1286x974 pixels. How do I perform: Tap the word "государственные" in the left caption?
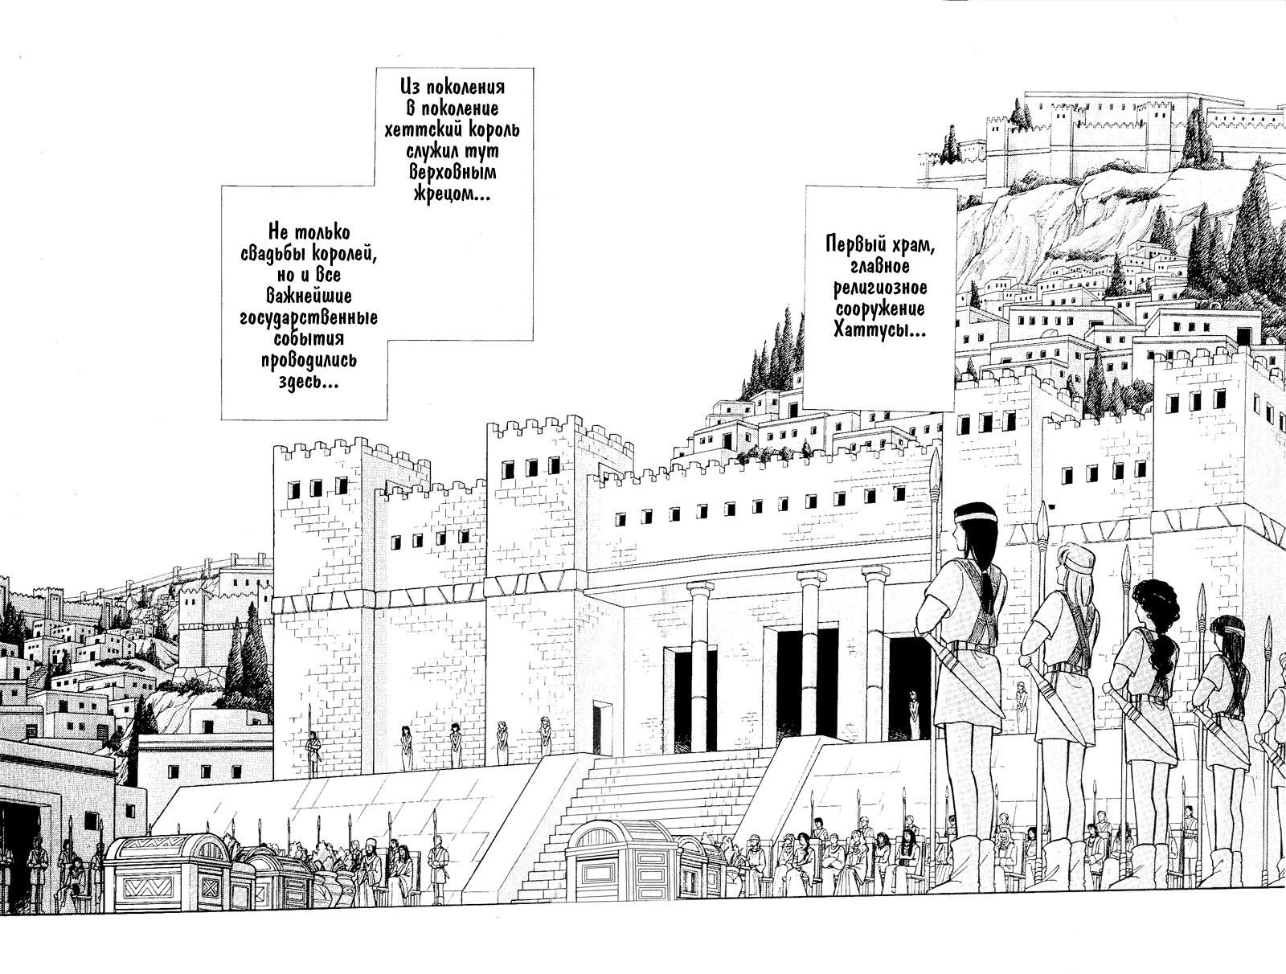(x=309, y=317)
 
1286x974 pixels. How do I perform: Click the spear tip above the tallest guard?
(x=935, y=466)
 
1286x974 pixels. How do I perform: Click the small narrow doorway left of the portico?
(x=600, y=727)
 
